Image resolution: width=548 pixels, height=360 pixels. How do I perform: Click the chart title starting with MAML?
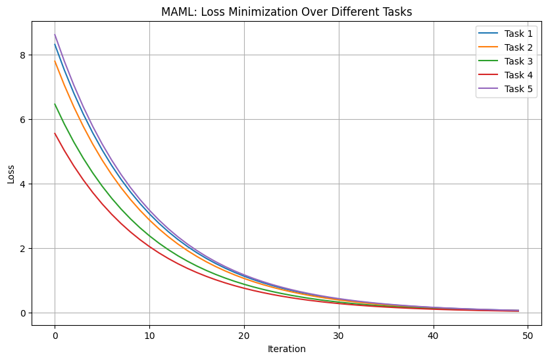[286, 11]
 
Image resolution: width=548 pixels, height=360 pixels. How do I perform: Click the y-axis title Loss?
[11, 174]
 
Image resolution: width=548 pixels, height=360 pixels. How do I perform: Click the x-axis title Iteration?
[286, 349]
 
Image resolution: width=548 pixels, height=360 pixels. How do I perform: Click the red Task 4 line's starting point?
[55, 133]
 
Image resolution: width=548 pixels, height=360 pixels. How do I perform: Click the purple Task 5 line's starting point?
[55, 35]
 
